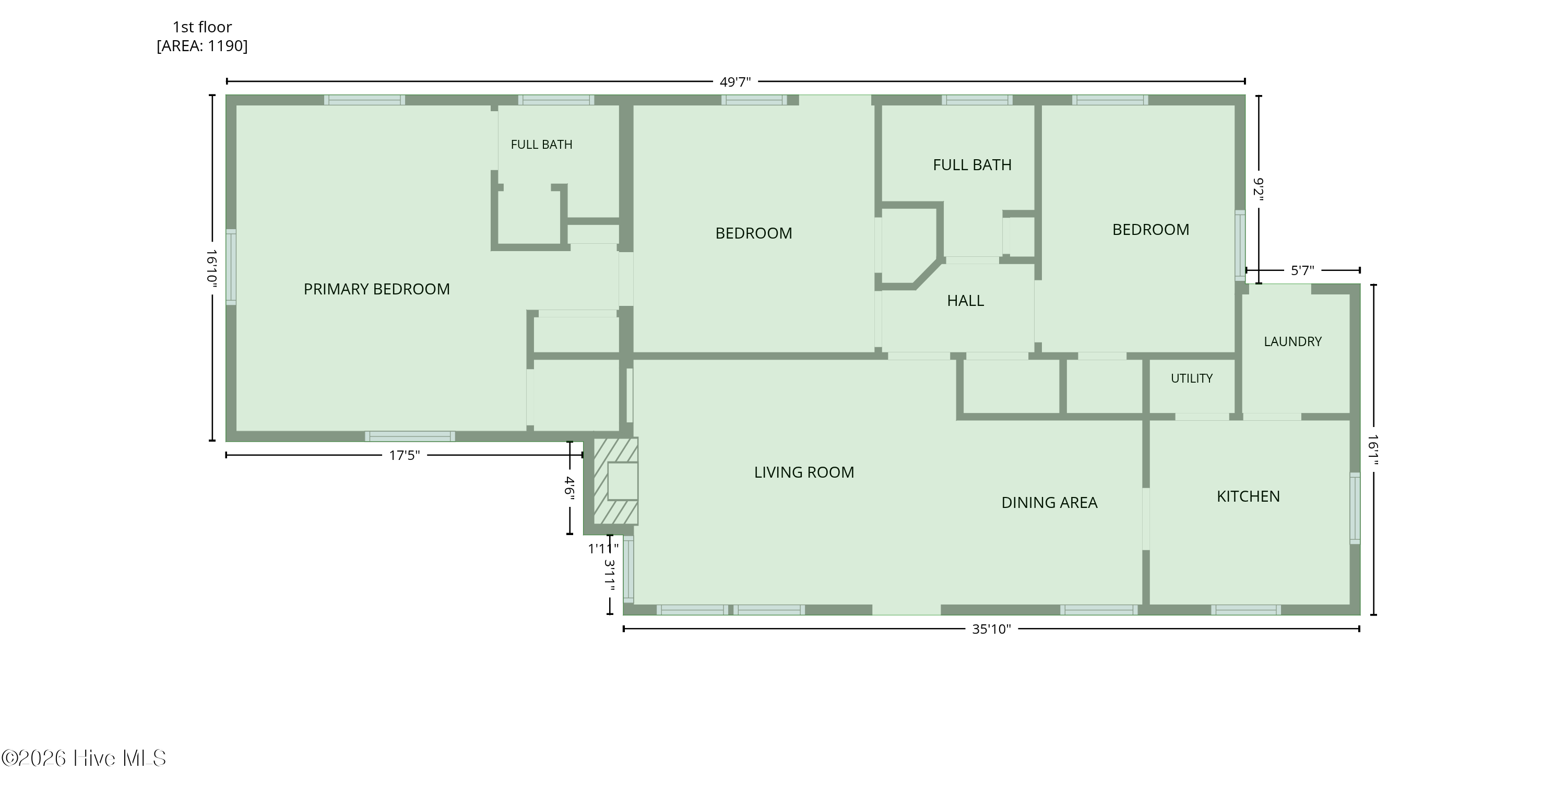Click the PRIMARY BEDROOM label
coord(377,289)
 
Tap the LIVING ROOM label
coord(804,472)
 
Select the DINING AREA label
coord(1049,503)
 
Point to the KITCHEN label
coord(1248,496)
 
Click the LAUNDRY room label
coord(1292,342)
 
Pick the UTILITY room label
coord(1192,378)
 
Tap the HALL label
coord(965,300)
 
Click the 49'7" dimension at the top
coord(735,82)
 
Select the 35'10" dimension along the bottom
coord(991,629)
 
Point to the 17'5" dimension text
coord(404,455)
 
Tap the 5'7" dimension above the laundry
coord(1302,270)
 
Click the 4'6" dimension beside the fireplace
coord(570,488)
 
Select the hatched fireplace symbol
coord(615,481)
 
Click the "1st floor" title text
coord(202,27)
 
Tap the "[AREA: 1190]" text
coord(202,46)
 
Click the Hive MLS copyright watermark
coord(84,758)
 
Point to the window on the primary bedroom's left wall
coord(231,266)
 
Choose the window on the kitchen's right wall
coord(1355,508)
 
